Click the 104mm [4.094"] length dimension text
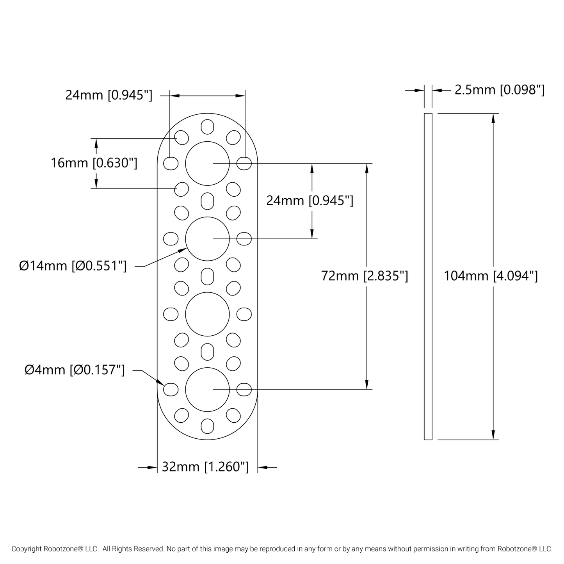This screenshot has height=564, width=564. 491,276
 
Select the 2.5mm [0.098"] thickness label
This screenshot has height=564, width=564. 499,90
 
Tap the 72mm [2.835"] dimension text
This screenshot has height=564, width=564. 365,276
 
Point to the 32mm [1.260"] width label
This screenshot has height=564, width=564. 205,467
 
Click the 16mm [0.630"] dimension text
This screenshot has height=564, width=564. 94,163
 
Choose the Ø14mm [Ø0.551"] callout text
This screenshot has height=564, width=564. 73,266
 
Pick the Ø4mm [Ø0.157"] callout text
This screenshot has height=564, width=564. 75,370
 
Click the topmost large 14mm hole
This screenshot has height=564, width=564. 207,163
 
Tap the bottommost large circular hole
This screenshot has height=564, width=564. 207,389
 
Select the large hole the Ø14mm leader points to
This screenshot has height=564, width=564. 207,238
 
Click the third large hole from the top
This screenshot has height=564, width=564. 207,314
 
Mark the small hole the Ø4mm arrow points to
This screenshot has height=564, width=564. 171,389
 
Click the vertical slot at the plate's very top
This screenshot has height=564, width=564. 207,126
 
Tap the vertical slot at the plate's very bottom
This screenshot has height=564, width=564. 207,426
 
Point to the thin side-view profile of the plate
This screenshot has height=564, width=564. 428,276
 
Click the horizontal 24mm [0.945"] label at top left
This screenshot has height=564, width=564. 109,95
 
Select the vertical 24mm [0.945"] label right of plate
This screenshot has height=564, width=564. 310,201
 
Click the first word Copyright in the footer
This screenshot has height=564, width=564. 27,549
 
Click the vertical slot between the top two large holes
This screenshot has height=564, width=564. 207,201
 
